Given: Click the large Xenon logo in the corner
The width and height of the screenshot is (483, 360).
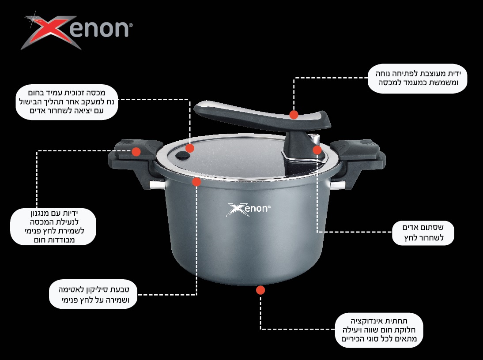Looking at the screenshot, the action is (x=77, y=31).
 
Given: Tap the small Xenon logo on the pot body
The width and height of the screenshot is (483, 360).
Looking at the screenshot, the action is (x=248, y=210).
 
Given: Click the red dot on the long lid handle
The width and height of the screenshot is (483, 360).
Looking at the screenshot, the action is (x=294, y=115).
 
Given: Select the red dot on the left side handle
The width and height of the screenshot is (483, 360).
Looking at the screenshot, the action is (x=136, y=152).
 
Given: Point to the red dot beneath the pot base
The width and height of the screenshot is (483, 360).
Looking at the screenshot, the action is (x=260, y=290).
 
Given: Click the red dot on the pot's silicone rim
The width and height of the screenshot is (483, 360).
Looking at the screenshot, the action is (x=196, y=182).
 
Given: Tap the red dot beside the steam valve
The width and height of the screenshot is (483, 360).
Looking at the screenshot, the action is (x=317, y=150).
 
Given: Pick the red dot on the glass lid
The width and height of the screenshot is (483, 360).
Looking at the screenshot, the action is (x=190, y=148).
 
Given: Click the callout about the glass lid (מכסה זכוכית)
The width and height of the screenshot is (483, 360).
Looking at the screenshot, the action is (x=67, y=102).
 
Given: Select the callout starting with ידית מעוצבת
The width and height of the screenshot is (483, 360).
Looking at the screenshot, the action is (x=417, y=79).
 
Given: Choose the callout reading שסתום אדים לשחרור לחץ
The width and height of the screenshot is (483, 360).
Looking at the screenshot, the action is (x=423, y=233).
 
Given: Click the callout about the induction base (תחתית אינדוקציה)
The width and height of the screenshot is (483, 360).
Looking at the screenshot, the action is (x=379, y=330).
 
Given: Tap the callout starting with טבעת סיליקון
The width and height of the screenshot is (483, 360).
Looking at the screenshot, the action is (x=93, y=294).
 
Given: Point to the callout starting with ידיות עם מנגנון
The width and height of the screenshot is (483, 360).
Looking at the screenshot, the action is (x=53, y=227).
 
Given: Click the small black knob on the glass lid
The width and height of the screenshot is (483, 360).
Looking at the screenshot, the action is (x=183, y=155).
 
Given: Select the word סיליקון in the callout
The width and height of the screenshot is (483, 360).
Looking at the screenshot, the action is (x=93, y=289).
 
